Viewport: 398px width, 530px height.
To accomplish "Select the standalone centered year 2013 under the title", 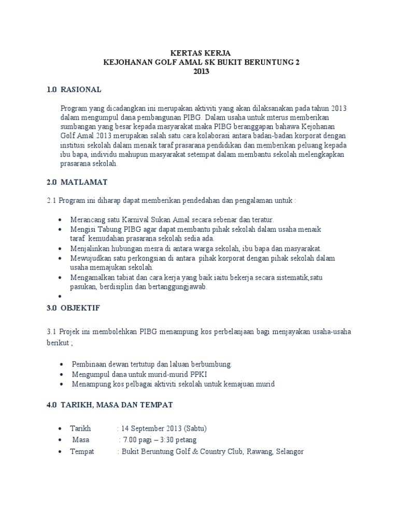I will pos(201,71).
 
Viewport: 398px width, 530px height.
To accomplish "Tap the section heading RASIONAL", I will pos(81,90).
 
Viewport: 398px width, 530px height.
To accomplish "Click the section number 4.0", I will pos(51,404).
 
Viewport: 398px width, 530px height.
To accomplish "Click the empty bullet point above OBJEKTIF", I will pos(61,297).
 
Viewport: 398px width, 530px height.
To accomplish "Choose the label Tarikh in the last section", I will pos(80,429).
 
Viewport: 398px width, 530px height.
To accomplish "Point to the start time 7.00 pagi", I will pos(138,440).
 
